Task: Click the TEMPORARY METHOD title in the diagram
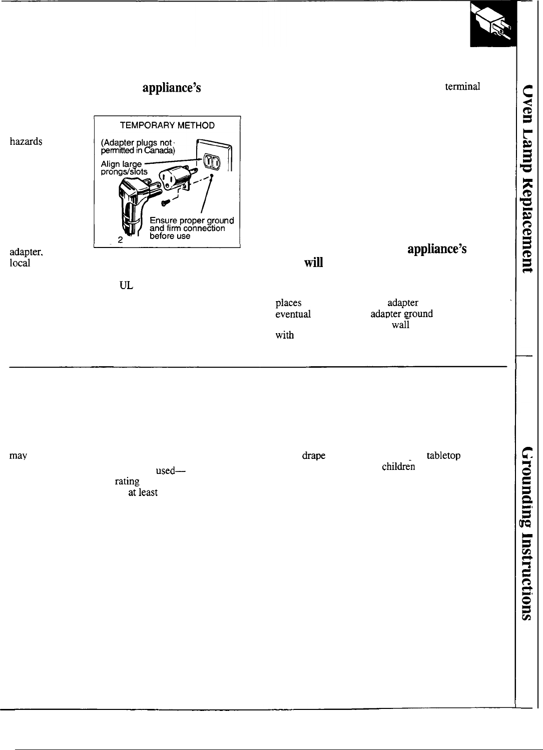pyautogui.click(x=167, y=125)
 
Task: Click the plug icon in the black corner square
pyautogui.click(x=493, y=25)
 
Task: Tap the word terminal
pyautogui.click(x=463, y=86)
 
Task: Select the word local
pyautogui.click(x=20, y=263)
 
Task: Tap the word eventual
pyautogui.click(x=293, y=314)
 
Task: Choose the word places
pyautogui.click(x=288, y=303)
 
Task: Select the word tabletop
pyautogui.click(x=443, y=456)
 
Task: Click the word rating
pyautogui.click(x=127, y=481)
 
